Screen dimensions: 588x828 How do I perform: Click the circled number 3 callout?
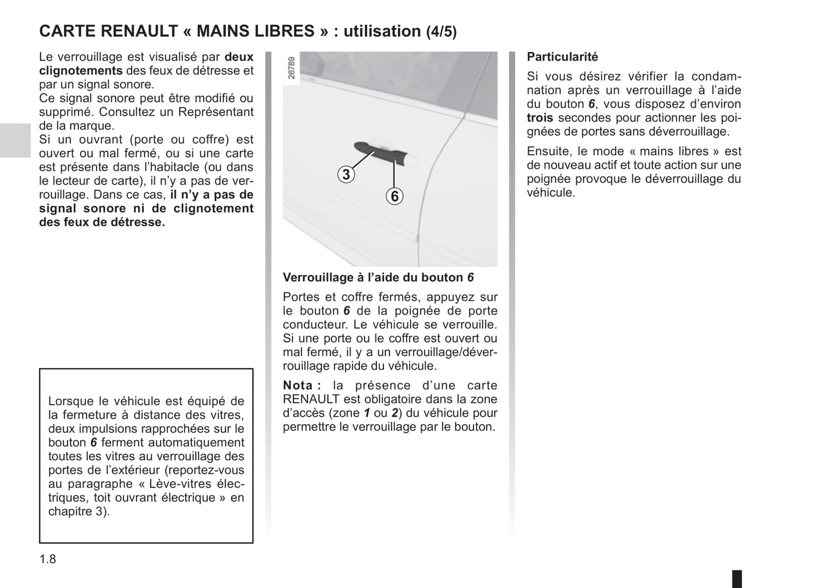pyautogui.click(x=346, y=174)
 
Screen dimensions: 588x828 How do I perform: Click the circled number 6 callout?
pyautogui.click(x=394, y=197)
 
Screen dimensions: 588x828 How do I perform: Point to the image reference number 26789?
pyautogui.click(x=292, y=68)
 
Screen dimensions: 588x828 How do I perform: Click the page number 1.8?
pyautogui.click(x=48, y=559)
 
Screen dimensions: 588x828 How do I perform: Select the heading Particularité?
pyautogui.click(x=562, y=57)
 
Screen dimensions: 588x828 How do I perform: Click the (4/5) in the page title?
pyautogui.click(x=441, y=32)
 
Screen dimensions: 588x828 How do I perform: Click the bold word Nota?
pyautogui.click(x=298, y=385)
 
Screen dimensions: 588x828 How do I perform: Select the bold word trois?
pyautogui.click(x=540, y=117)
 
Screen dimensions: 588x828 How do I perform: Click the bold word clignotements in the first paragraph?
pyautogui.click(x=81, y=70)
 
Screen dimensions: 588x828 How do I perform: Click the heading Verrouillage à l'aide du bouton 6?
pyautogui.click(x=378, y=277)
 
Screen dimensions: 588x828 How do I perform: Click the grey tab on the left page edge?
pyautogui.click(x=15, y=140)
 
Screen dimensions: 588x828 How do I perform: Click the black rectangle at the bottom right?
pyautogui.click(x=737, y=578)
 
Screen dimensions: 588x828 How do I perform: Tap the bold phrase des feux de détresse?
pyautogui.click(x=102, y=222)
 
